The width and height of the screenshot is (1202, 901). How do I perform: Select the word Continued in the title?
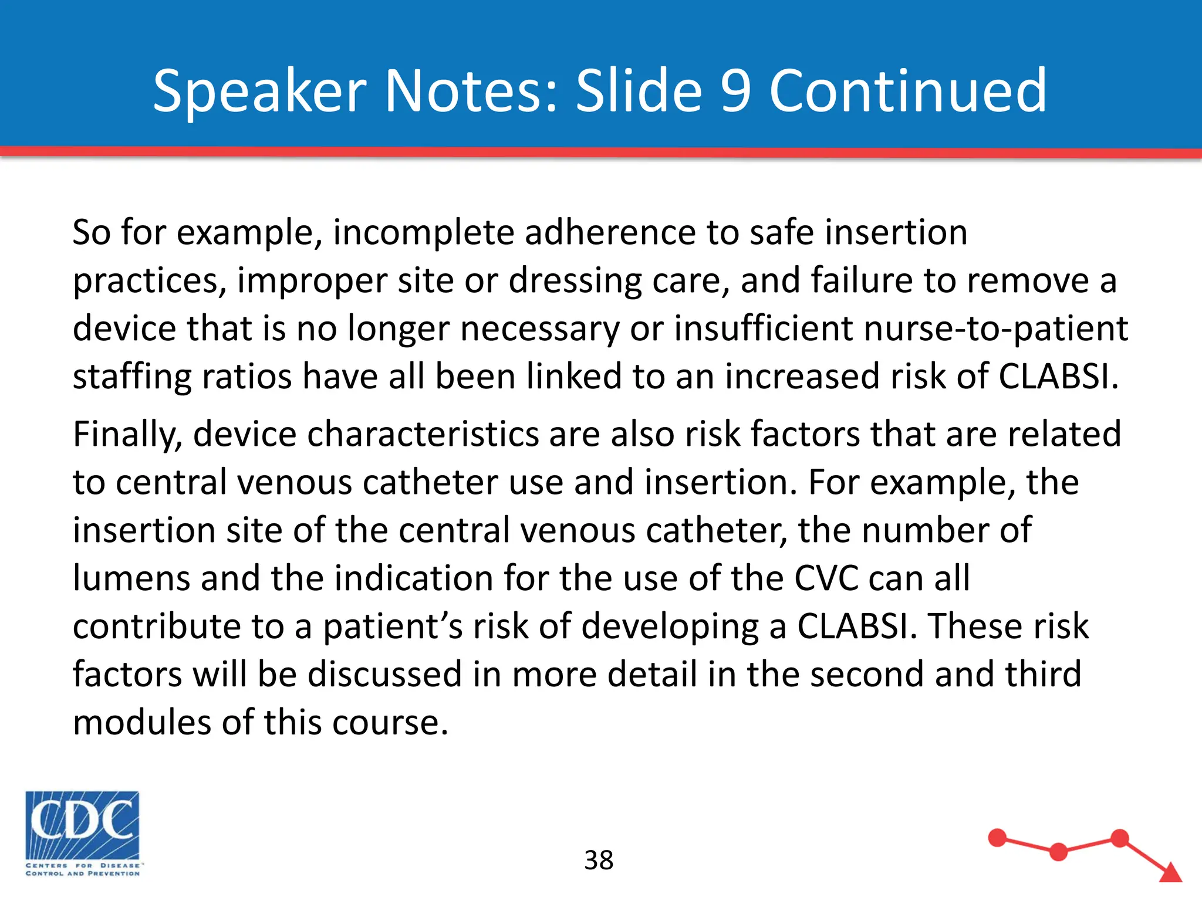(x=907, y=91)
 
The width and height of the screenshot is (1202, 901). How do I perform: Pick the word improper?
(x=311, y=281)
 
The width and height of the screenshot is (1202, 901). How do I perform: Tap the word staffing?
(x=131, y=377)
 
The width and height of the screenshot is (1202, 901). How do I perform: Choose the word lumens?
(x=131, y=578)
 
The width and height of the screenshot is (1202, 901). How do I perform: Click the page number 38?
(x=599, y=861)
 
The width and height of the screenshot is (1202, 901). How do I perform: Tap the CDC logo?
(x=82, y=833)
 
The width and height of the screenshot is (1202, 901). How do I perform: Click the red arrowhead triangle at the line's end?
(x=1170, y=873)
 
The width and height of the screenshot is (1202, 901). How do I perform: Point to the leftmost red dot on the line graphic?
(x=997, y=838)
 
